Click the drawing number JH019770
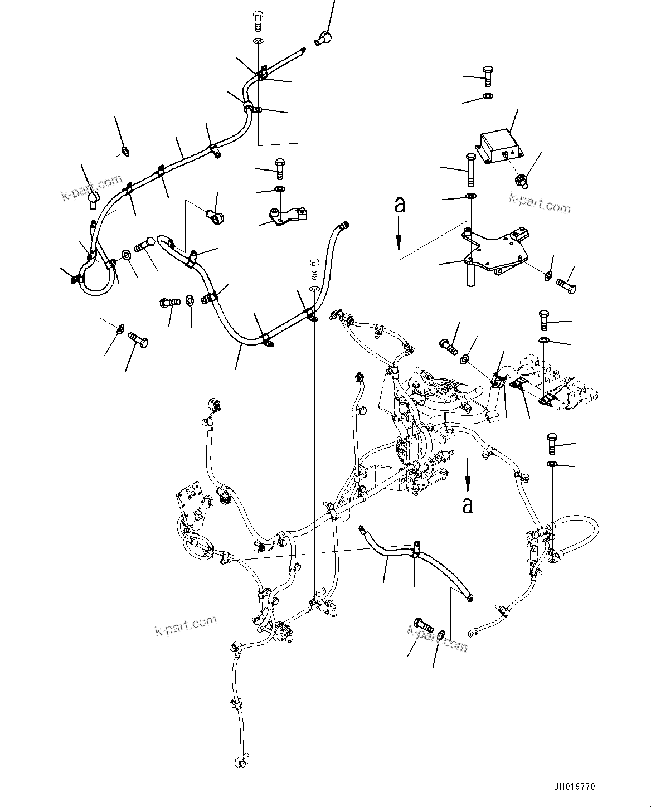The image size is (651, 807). (575, 787)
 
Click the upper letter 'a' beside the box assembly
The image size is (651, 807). (399, 205)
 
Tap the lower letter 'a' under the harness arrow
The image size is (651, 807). (468, 505)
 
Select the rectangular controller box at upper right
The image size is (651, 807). (498, 145)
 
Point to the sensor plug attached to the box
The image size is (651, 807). (521, 181)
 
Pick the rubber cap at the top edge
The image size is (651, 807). (323, 38)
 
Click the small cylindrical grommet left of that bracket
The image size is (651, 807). (213, 215)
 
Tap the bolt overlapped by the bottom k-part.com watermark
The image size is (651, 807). (425, 626)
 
